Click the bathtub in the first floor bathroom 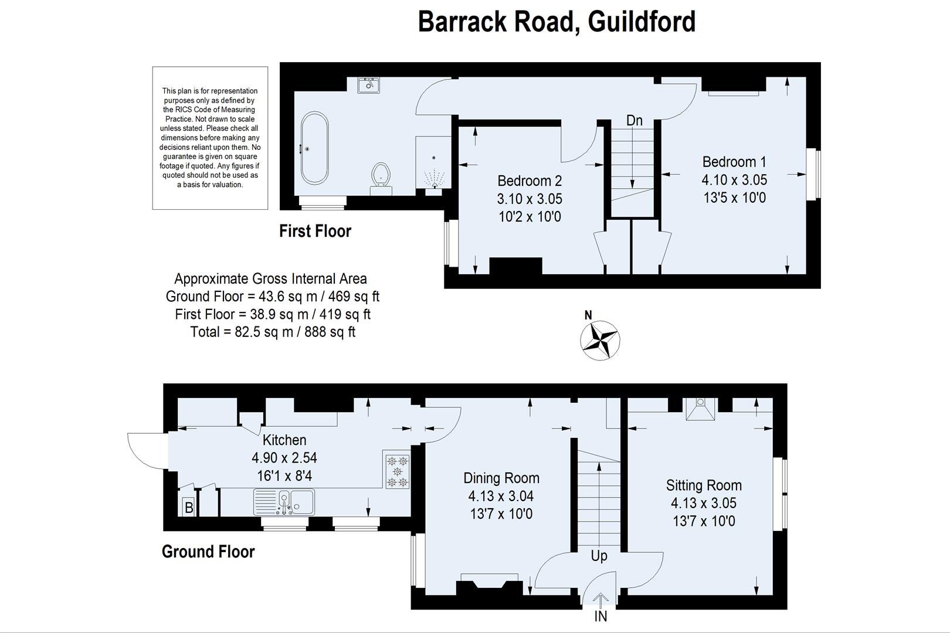(315, 149)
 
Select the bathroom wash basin (369, 85)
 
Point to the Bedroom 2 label (529, 181)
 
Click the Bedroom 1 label (734, 162)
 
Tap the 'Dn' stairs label (634, 121)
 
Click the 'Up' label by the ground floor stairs (599, 556)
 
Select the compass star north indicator (600, 340)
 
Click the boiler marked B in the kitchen (189, 507)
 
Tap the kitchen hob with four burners (398, 469)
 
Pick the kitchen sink (284, 502)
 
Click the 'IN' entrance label (600, 617)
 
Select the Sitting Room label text (703, 485)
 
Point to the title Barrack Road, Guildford (556, 22)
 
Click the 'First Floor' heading (315, 231)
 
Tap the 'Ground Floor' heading (208, 552)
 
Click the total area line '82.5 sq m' (273, 332)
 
